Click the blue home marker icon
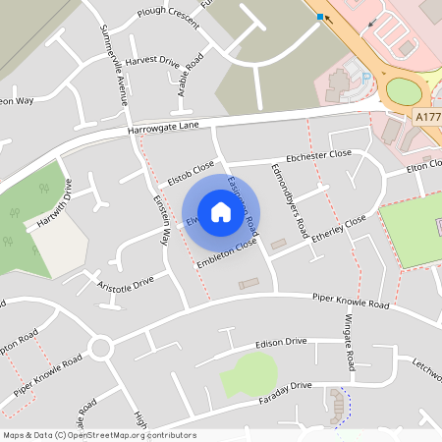(221, 211)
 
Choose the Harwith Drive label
(54, 204)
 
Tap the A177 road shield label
(428, 116)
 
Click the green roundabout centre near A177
(404, 92)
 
